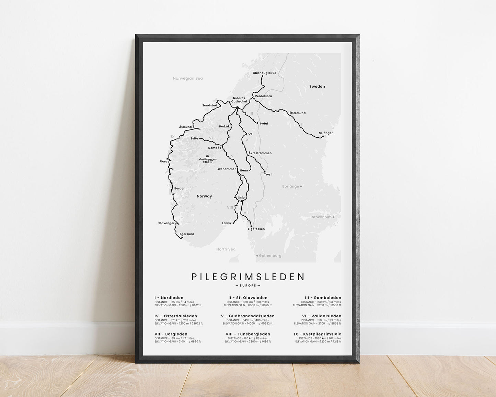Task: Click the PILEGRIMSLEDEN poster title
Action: coord(248,277)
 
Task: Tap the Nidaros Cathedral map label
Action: coord(239,100)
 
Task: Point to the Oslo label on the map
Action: coord(241,197)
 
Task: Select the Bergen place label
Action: coord(180,188)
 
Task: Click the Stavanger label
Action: coord(166,223)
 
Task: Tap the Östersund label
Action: coord(297,113)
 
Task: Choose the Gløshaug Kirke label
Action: coord(264,73)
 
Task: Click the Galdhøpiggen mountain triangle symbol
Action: coord(207,156)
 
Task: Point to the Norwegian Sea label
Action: coord(188,78)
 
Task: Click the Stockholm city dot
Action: coord(333,217)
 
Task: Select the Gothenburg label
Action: coord(270,256)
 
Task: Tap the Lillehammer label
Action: coord(226,169)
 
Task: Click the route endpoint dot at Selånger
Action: coord(323,136)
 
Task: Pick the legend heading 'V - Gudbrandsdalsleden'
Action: coord(247,316)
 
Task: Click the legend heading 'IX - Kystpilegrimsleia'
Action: coord(318,334)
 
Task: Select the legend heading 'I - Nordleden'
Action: coord(169,298)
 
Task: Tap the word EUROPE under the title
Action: coord(248,285)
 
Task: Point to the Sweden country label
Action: coord(317,87)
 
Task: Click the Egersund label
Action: coord(187,234)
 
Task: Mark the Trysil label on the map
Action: coord(268,174)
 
